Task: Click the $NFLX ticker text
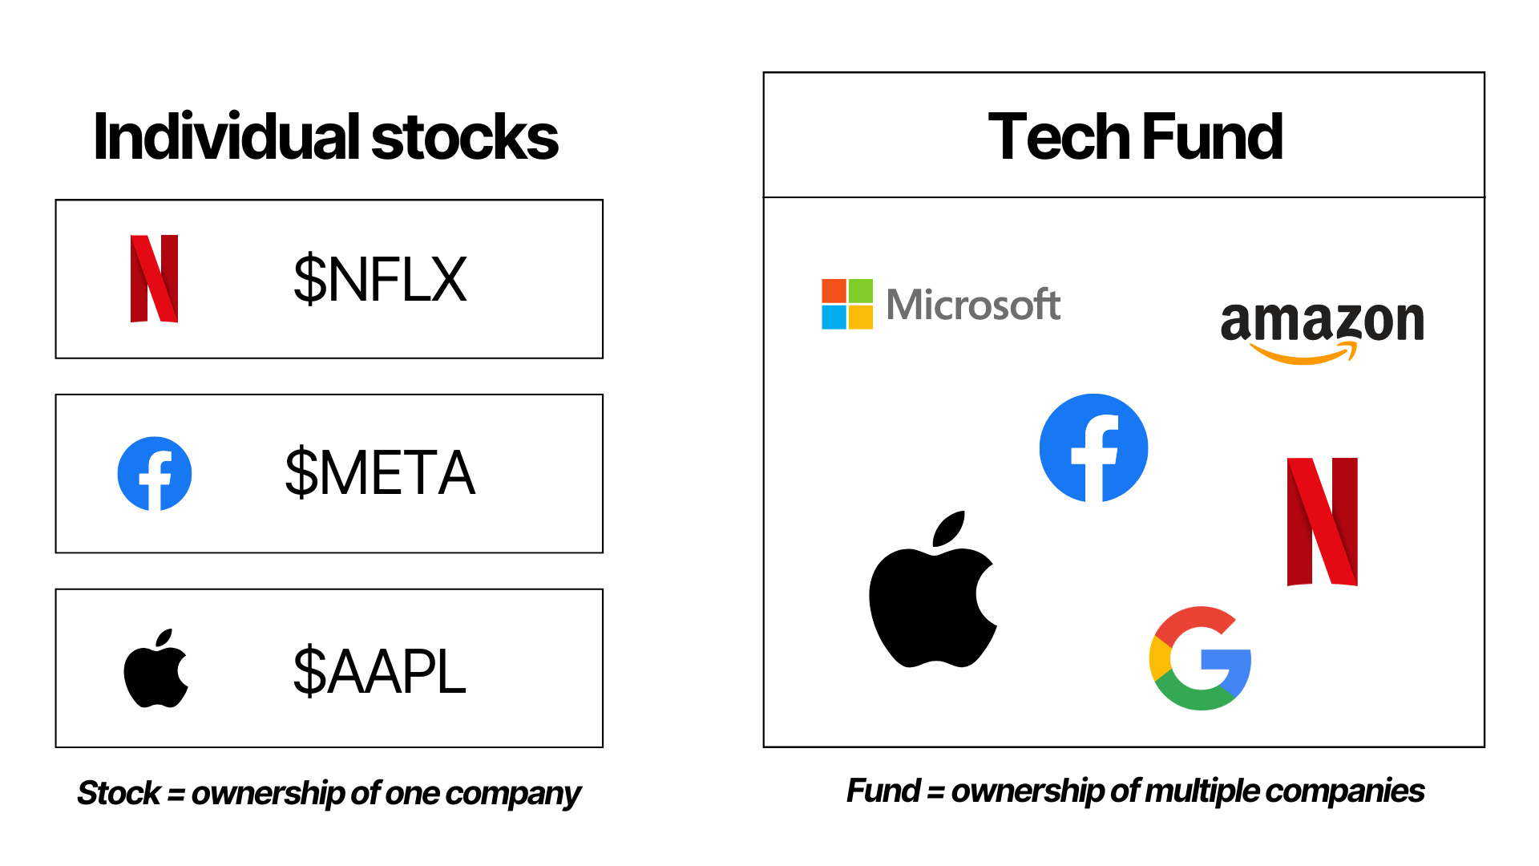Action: pyautogui.click(x=380, y=279)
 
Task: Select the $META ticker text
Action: pyautogui.click(x=380, y=473)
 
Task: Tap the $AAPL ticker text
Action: pyautogui.click(x=379, y=671)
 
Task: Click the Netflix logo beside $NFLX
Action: pyautogui.click(x=154, y=279)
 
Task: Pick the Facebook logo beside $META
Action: pyautogui.click(x=155, y=474)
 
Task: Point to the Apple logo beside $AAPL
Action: pyautogui.click(x=156, y=669)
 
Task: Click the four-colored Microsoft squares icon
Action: pyautogui.click(x=847, y=304)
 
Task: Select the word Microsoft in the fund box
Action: pyautogui.click(x=973, y=305)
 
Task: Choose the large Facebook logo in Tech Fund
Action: pyautogui.click(x=1094, y=448)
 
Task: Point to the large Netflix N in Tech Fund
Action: pyautogui.click(x=1323, y=522)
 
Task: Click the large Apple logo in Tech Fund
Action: pyautogui.click(x=933, y=589)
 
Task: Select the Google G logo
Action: pyautogui.click(x=1201, y=658)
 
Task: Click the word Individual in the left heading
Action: pyautogui.click(x=227, y=137)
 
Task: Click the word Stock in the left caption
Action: pyautogui.click(x=119, y=793)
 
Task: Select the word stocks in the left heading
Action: pyautogui.click(x=465, y=137)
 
